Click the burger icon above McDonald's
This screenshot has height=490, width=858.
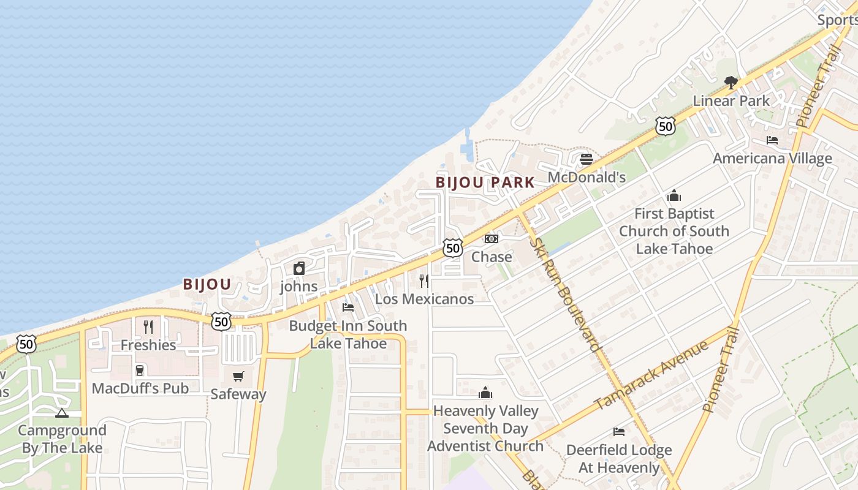(x=587, y=159)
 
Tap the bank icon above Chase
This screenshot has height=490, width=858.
(x=492, y=239)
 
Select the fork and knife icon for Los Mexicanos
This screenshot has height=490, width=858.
(x=424, y=281)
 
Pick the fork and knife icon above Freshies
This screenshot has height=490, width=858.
(x=148, y=326)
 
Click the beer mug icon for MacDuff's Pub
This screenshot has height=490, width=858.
(x=140, y=370)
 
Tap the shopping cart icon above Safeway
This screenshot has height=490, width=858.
(x=238, y=376)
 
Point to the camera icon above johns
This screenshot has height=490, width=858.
(x=299, y=268)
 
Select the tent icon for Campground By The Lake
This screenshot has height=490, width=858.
(x=62, y=413)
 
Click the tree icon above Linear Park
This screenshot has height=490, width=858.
(x=731, y=82)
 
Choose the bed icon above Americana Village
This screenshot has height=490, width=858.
(x=772, y=140)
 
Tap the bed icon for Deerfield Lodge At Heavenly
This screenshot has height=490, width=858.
(x=619, y=432)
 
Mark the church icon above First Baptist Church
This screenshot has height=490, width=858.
(x=674, y=196)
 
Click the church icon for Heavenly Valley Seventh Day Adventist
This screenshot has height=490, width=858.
(x=485, y=393)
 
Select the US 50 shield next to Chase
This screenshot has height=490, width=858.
(x=453, y=248)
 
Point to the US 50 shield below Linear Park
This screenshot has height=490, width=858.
(x=665, y=126)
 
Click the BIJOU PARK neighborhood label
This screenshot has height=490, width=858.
(x=485, y=183)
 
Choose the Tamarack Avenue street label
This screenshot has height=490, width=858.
(x=651, y=375)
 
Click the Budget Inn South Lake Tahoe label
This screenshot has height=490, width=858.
(x=347, y=334)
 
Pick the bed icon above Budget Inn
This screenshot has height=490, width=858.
(x=348, y=307)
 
